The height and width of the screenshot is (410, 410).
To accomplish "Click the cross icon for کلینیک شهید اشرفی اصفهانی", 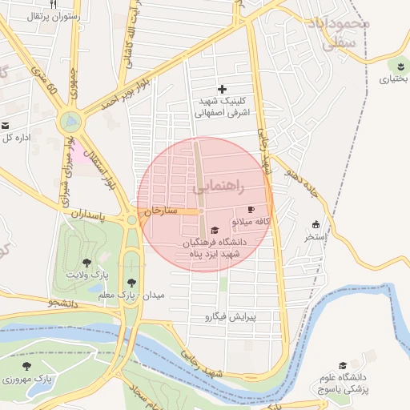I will pyautogui.click(x=222, y=89).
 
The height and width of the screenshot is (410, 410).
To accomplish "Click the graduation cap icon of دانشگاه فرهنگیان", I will pyautogui.click(x=214, y=231).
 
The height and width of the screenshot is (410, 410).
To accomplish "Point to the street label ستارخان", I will pyautogui.click(x=159, y=211).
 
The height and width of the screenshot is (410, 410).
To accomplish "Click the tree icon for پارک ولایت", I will pyautogui.click(x=86, y=262).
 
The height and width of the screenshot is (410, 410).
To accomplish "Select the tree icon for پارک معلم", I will pyautogui.click(x=131, y=282).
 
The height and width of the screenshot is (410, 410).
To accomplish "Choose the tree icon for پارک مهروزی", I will pyautogui.click(x=26, y=365).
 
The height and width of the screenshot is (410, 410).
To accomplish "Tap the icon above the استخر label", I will pyautogui.click(x=316, y=224).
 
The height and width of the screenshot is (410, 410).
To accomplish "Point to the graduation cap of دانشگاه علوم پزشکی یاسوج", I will pyautogui.click(x=343, y=365).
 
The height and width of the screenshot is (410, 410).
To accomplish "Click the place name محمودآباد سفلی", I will pyautogui.click(x=343, y=34).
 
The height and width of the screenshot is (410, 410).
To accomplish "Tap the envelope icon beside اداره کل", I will pyautogui.click(x=5, y=126).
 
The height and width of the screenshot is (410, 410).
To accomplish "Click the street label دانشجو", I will pyautogui.click(x=63, y=303).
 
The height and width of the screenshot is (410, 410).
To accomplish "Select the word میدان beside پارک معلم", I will pyautogui.click(x=152, y=295).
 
